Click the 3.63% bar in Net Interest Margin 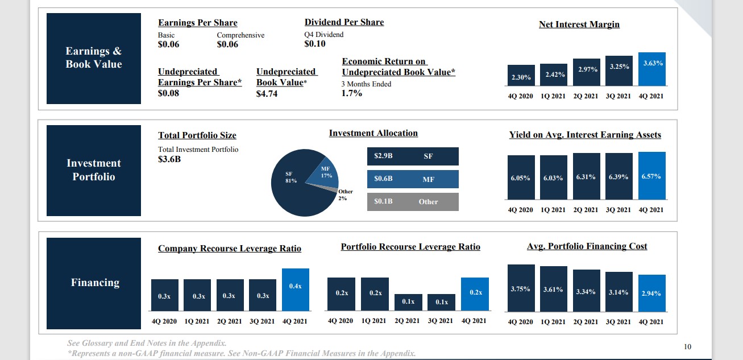pyautogui.click(x=651, y=69)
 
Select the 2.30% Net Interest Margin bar pyautogui.click(x=521, y=76)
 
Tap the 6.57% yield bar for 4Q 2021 pyautogui.click(x=651, y=176)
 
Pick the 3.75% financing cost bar pyautogui.click(x=521, y=288)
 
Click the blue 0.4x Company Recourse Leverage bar pyautogui.click(x=296, y=289)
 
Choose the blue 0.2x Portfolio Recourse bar pyautogui.click(x=475, y=294)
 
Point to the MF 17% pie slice pyautogui.click(x=322, y=173)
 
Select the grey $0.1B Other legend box pyautogui.click(x=412, y=201)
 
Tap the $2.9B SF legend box pyautogui.click(x=412, y=156)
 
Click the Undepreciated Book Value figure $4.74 pyautogui.click(x=267, y=93)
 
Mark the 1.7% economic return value pyautogui.click(x=351, y=93)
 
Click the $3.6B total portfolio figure pyautogui.click(x=169, y=159)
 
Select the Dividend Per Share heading pyautogui.click(x=344, y=22)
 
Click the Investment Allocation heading pyautogui.click(x=373, y=133)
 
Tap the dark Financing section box pyautogui.click(x=94, y=283)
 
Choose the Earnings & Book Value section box pyautogui.click(x=94, y=58)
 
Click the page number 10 pyautogui.click(x=687, y=346)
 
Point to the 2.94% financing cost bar pyautogui.click(x=651, y=293)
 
